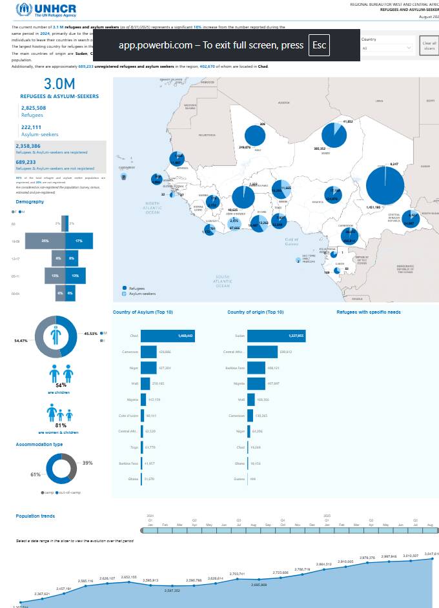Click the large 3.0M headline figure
(59, 83)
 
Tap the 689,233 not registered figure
(35, 162)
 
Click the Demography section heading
(30, 201)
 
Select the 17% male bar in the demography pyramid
(79, 240)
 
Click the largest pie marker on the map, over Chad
(385, 185)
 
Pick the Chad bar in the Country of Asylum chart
(167, 336)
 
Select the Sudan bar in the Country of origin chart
(276, 336)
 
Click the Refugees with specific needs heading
(369, 312)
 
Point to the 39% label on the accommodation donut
(88, 463)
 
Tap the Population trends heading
(36, 516)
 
